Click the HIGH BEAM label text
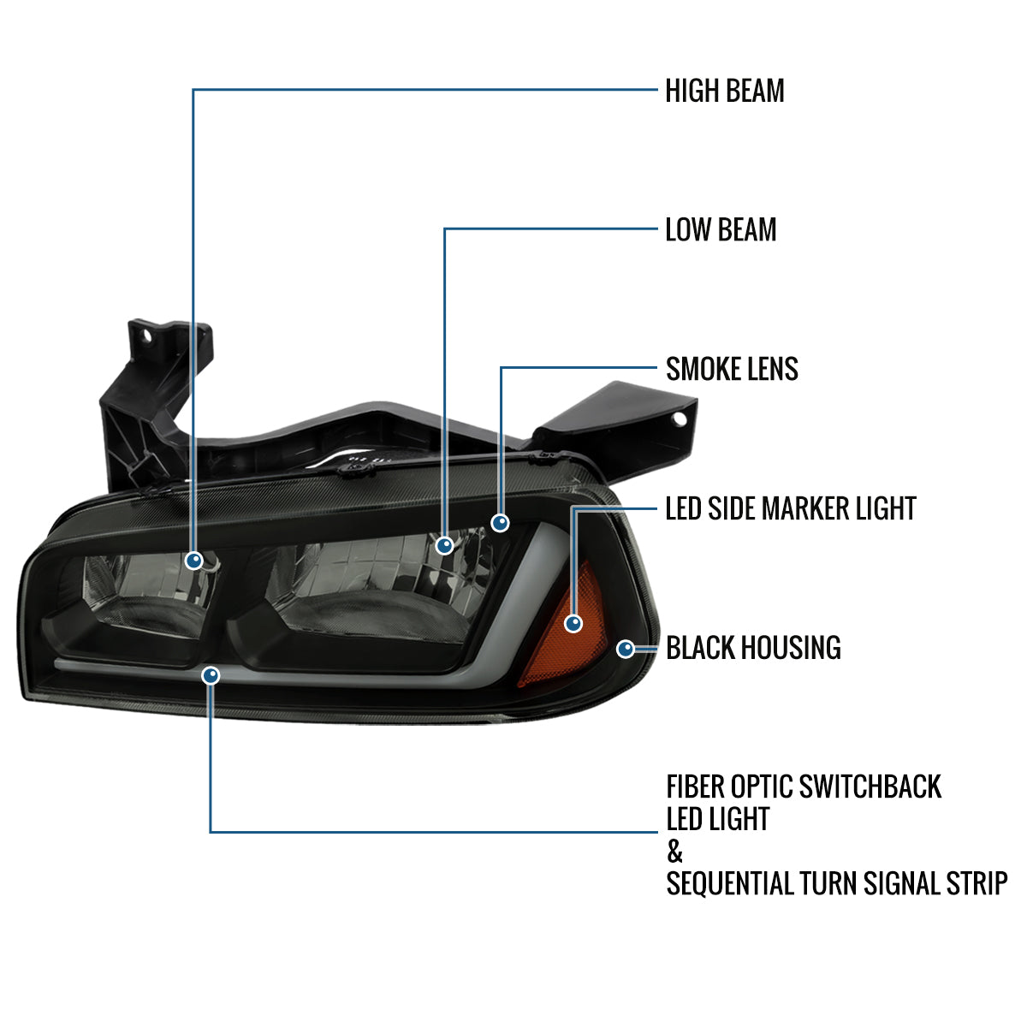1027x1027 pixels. [x=724, y=91]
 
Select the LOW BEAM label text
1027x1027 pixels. [x=721, y=229]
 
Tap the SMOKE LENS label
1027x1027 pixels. [x=732, y=369]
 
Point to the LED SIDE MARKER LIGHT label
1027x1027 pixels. [x=790, y=508]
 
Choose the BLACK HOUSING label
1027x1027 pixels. [x=753, y=648]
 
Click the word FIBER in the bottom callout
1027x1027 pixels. [x=695, y=787]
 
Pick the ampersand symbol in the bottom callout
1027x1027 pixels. [x=675, y=852]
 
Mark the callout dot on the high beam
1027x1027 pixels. [x=194, y=561]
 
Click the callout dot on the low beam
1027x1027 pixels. [x=444, y=544]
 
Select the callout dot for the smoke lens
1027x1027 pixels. [x=500, y=521]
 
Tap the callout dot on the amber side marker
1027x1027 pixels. [x=573, y=623]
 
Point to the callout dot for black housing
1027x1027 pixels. [x=626, y=648]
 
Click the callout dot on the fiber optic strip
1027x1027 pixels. [x=211, y=676]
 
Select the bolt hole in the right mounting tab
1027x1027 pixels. [x=680, y=419]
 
